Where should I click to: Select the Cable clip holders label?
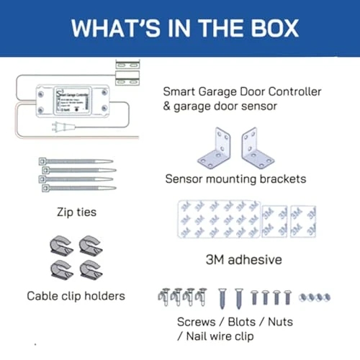coord(76,295)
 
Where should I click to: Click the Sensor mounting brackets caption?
coord(235,179)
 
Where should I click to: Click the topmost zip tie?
coord(75,162)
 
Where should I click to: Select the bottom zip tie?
coord(75,187)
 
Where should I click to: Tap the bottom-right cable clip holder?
coord(91,270)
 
